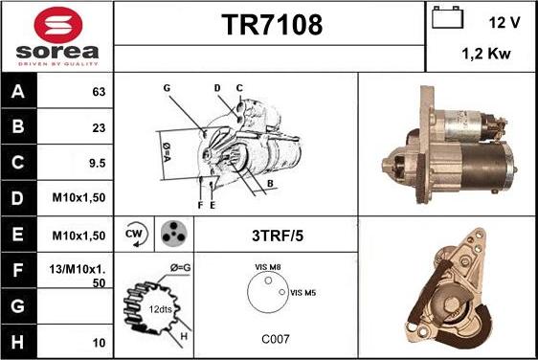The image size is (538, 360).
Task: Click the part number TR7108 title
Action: (268, 23)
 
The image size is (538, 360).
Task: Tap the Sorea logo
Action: (56, 36)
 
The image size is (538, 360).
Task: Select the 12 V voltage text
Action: (504, 21)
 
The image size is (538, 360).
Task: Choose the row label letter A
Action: (18, 93)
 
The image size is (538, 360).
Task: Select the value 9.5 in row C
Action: (96, 164)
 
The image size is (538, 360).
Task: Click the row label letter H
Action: (18, 342)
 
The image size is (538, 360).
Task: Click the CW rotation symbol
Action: (134, 234)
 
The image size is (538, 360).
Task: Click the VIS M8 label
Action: (269, 267)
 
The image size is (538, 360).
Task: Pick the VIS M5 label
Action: (302, 291)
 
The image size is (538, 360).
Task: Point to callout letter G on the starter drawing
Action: (167, 88)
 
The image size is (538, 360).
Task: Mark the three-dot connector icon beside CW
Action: (172, 234)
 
